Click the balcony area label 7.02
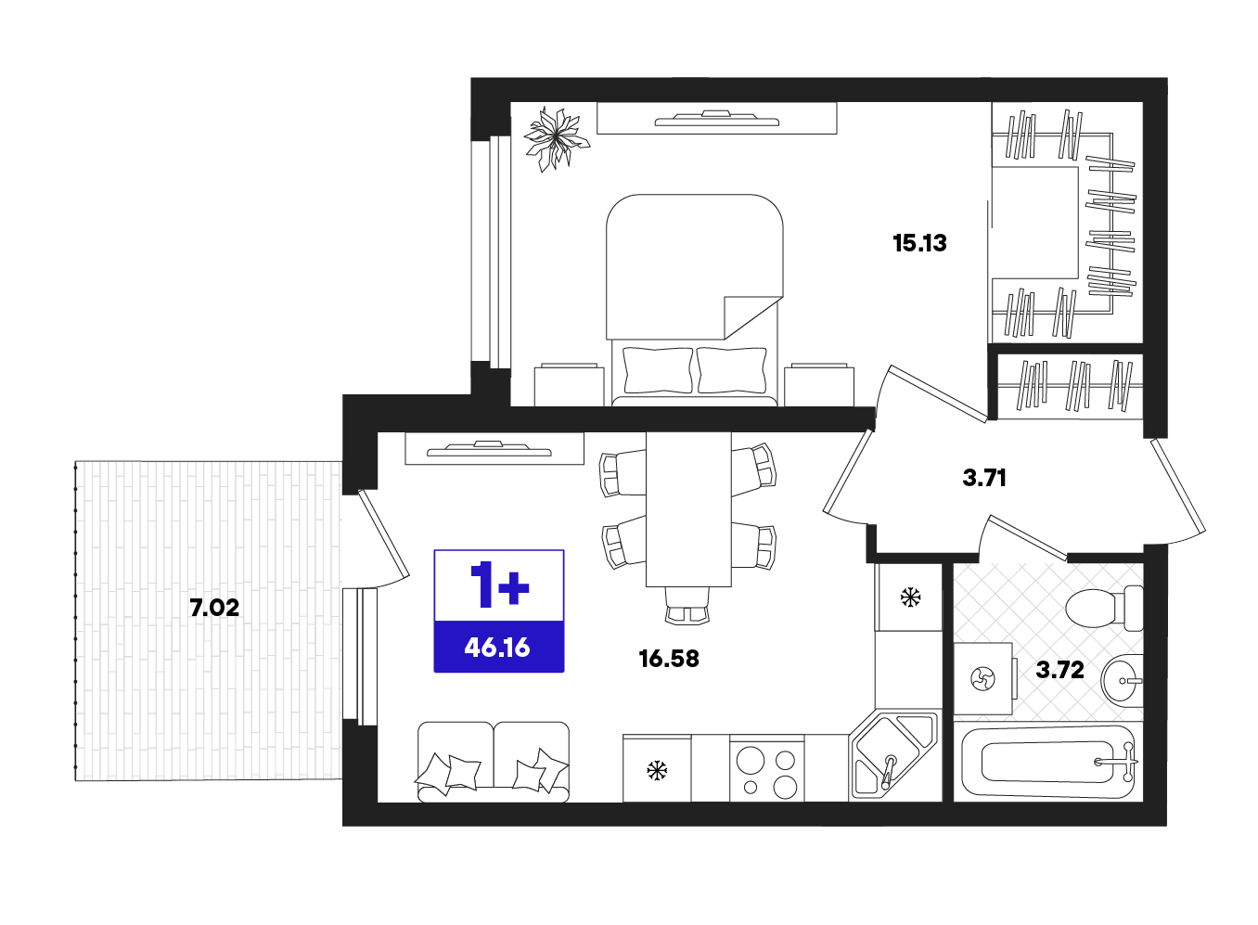pos(214,608)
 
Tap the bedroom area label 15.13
pos(919,243)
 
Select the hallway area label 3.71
pos(984,478)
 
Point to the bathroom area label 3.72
pos(1059,670)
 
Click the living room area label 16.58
pos(669,659)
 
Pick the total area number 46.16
pos(497,649)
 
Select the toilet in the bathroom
pos(1104,609)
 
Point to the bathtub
pos(1048,762)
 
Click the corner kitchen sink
pos(893,756)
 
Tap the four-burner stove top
pos(766,768)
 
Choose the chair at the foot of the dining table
pos(687,605)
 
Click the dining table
pos(688,509)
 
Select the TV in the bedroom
pos(716,119)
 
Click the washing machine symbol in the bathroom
pos(982,678)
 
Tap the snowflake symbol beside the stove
pos(656,770)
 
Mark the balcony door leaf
pos(383,535)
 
